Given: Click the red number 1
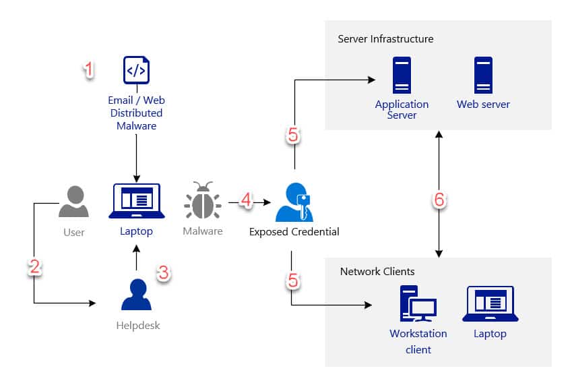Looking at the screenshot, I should point(88,69).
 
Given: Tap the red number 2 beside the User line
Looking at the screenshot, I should point(35,267).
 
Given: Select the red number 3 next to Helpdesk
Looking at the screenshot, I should point(163,272).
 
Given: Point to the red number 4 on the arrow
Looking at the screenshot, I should point(246,200).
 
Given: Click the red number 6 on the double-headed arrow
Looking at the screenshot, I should point(439,200).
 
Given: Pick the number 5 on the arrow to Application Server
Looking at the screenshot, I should point(292,136).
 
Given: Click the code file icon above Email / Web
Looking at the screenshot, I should point(136,70).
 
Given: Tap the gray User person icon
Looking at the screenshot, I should point(73,202).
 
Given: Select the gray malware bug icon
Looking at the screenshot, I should point(202,200).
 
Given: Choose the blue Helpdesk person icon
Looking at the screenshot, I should point(136,295).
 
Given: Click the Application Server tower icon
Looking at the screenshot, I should point(402,75).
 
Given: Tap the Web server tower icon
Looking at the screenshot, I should point(483,75).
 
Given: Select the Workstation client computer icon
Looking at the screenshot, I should point(417,304).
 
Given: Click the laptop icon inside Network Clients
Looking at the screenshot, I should point(490,304).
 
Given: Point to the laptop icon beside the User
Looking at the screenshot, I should point(137,202).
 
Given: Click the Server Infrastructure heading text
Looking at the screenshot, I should point(385,39).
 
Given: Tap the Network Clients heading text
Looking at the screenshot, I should point(377,272).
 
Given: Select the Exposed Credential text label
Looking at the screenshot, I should point(294,232).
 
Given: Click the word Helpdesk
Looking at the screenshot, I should point(137,326).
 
